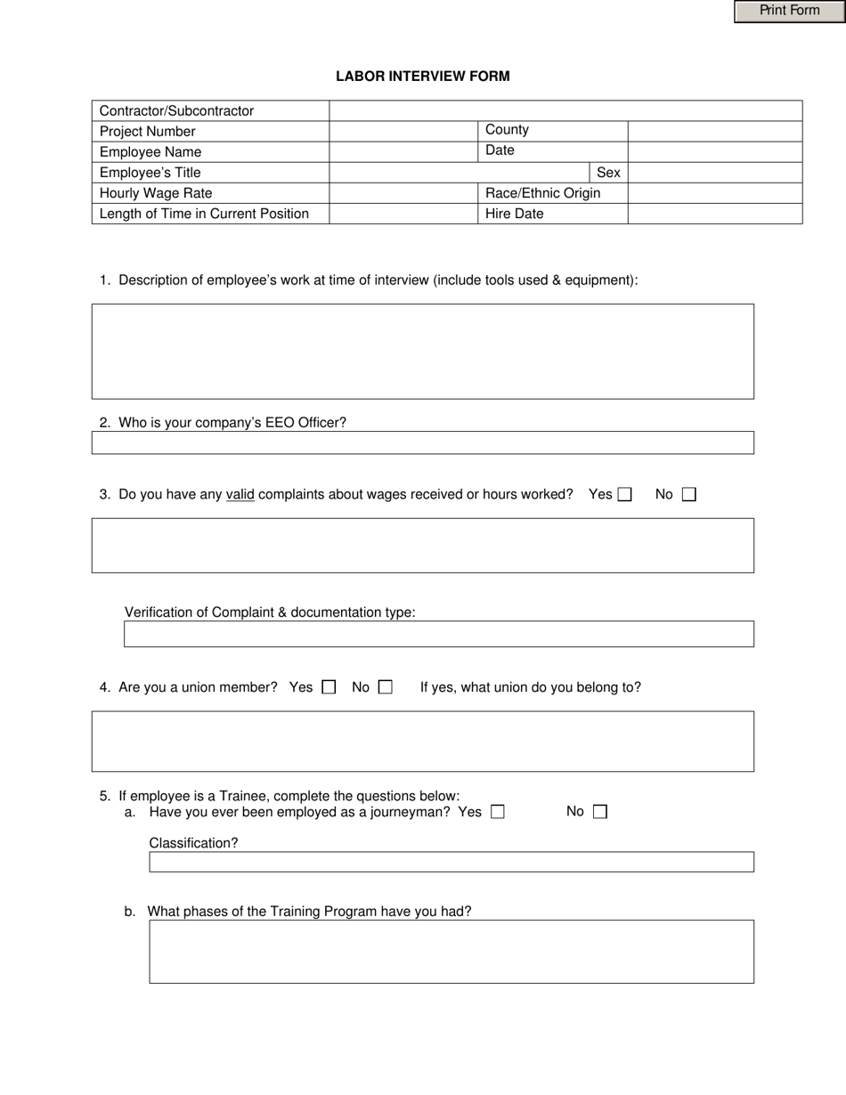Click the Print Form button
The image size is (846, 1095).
789,11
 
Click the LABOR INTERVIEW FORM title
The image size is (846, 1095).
422,77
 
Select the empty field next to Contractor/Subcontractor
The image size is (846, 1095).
565,110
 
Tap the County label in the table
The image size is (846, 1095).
507,130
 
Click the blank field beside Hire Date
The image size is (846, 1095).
714,214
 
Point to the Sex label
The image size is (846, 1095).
608,173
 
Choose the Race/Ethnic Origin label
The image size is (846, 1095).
542,193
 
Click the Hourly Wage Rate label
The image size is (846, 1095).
156,193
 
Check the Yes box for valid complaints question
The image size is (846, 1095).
625,495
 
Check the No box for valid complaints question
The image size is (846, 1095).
688,495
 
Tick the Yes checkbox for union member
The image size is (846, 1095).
329,687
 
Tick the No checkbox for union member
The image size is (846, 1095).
385,687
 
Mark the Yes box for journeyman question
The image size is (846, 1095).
498,812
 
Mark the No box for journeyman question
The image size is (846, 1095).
599,812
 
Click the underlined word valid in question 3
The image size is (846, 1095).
240,494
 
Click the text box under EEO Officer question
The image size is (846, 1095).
422,442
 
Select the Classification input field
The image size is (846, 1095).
451,862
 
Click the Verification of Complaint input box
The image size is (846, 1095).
438,634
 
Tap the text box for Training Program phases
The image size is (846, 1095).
451,952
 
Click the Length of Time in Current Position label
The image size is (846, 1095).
204,214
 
